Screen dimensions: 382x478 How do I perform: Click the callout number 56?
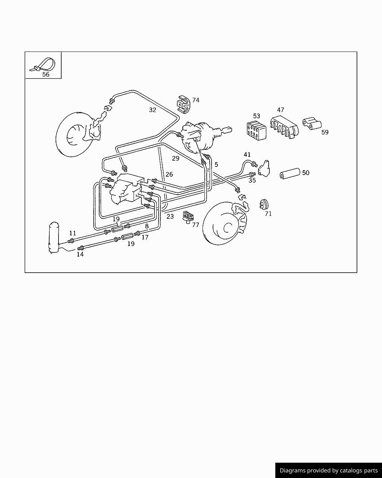(46, 74)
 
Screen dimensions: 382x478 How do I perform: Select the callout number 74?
(195, 100)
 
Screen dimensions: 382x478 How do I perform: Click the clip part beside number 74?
(184, 105)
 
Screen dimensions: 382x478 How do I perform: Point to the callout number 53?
(256, 116)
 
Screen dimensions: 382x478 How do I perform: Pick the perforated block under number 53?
(256, 131)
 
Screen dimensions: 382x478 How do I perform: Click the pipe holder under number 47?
(284, 127)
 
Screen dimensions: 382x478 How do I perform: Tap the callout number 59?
(325, 132)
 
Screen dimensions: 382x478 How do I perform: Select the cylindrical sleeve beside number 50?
(290, 174)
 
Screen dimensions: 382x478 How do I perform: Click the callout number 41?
(247, 154)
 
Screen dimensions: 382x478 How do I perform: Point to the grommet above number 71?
(264, 205)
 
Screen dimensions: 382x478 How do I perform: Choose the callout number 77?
(195, 225)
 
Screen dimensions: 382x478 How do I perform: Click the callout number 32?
(153, 110)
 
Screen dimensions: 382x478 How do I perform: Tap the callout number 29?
(175, 158)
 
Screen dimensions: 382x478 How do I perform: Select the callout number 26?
(169, 174)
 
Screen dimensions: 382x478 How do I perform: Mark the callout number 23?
(170, 216)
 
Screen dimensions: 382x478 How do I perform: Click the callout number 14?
(80, 254)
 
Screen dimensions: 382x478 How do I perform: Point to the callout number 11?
(73, 233)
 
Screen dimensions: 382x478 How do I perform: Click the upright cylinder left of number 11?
(54, 238)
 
